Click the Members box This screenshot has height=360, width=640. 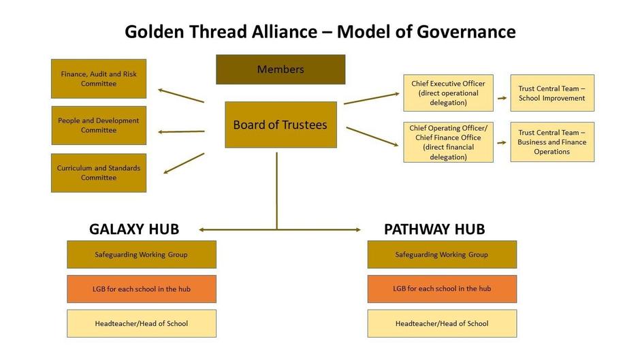tap(281, 69)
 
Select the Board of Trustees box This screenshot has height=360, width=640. tap(281, 125)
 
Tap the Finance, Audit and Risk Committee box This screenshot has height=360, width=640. tap(99, 79)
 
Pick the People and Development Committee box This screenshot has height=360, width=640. tap(99, 125)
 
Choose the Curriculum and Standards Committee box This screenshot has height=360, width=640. tap(99, 173)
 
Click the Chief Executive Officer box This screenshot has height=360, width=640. tap(448, 93)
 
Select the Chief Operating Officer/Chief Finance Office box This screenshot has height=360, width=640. tap(448, 142)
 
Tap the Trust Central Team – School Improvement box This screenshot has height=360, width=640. tap(551, 93)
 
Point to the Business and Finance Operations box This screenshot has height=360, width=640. tap(551, 142)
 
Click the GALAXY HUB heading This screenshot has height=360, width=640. tap(134, 229)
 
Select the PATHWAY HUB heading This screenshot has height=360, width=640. tap(434, 229)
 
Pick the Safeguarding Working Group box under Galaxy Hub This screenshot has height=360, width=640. tap(142, 255)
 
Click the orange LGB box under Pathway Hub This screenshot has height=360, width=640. tap(442, 289)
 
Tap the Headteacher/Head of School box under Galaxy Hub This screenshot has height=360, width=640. tap(142, 323)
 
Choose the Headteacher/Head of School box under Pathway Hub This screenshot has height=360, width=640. tap(442, 323)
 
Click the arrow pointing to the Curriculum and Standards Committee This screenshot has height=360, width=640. tap(184, 163)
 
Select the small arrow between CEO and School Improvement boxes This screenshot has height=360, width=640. tap(502, 98)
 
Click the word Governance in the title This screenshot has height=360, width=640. tap(462, 31)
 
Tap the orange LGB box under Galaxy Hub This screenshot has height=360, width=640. tap(142, 289)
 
